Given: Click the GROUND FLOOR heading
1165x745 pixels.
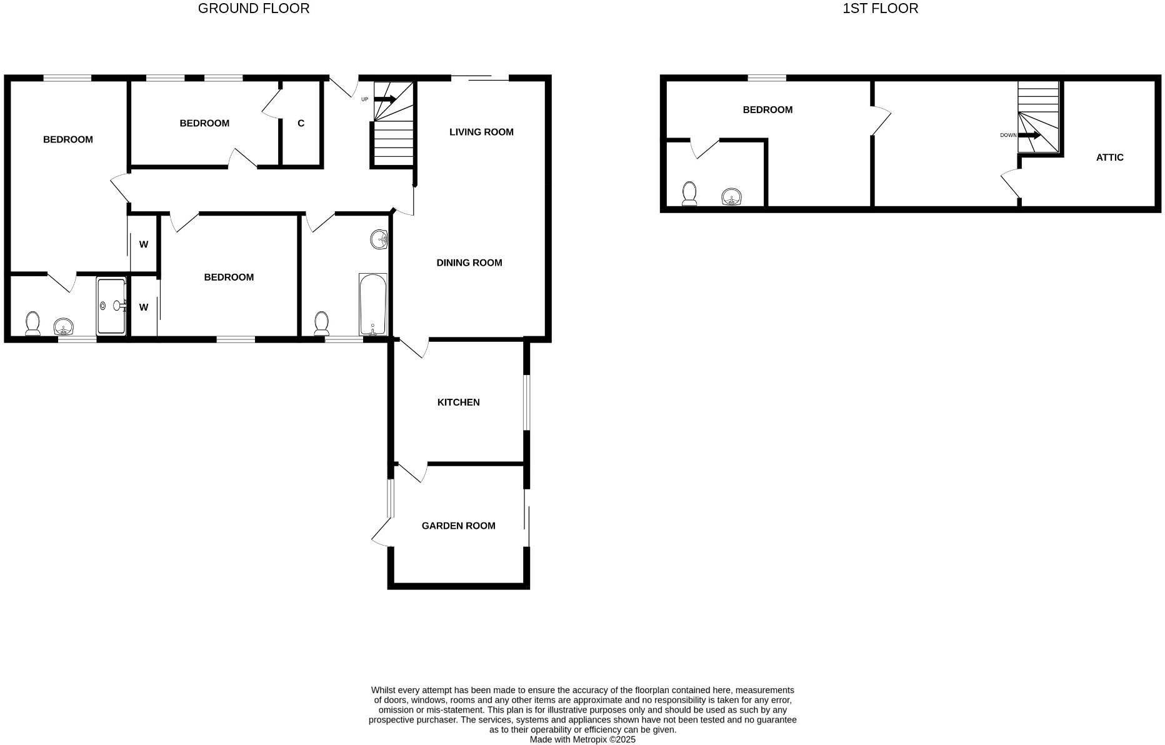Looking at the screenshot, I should coord(253,9).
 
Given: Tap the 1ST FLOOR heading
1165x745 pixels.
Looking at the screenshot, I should coord(880,9).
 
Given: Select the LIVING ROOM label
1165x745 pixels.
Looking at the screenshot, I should coord(481,132).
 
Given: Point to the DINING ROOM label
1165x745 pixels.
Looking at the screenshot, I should coord(469,262).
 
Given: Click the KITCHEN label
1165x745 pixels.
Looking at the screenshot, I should coord(458,402).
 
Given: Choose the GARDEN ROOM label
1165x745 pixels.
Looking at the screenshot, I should coord(458,526).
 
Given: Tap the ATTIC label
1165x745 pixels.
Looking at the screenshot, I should coord(1109,157).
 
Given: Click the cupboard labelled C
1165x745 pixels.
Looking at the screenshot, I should coord(301,124).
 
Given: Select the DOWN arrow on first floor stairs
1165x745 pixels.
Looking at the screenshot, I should coord(1029,135).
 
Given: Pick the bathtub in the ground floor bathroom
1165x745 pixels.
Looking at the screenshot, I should coord(372,304).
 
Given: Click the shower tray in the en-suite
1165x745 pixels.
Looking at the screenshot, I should coord(111,306).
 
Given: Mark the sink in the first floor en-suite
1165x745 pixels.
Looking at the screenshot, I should coord(731,197).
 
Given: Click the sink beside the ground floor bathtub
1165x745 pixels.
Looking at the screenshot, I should coord(379,239).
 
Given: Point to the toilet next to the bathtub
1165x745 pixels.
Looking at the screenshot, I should coord(321,323).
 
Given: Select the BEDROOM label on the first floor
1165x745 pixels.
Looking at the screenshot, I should coord(767,110).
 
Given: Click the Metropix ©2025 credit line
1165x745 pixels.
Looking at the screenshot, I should coord(582,739).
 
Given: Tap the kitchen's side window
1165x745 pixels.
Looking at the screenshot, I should coord(527,402).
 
